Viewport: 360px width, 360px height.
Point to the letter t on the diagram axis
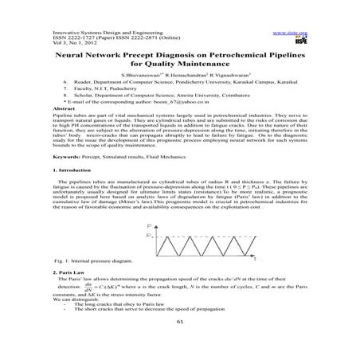pyautogui.click(x=254, y=260)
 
